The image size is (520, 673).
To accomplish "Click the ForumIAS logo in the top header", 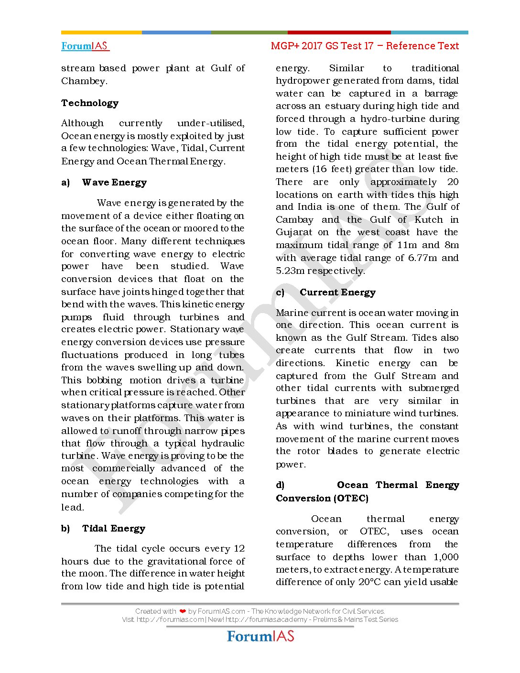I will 85,46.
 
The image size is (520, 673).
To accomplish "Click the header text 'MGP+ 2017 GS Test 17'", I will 322,46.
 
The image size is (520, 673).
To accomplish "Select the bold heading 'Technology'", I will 90,103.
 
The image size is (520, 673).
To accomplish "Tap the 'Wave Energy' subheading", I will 114,183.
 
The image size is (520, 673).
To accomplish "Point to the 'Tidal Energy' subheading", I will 114,529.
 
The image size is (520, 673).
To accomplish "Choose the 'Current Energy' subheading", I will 337,293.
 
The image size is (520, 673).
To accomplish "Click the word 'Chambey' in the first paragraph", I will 83,81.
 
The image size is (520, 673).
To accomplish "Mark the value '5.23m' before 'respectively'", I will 290,271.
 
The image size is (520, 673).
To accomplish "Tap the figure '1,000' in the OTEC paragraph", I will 446,557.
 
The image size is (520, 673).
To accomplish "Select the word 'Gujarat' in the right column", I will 294,232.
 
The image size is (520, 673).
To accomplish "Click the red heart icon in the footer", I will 183,611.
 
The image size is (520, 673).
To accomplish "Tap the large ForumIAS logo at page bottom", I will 260,637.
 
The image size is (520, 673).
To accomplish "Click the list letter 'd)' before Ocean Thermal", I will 280,485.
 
